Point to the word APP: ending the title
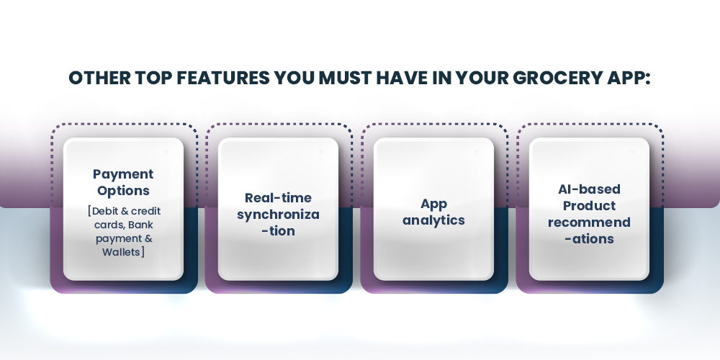tap(629, 78)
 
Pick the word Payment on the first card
tap(123, 174)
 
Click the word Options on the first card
tap(123, 191)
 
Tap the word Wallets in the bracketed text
tap(121, 251)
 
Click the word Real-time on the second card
tap(278, 197)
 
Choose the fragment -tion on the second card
tap(278, 231)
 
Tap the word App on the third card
tap(433, 204)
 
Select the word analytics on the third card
tap(433, 220)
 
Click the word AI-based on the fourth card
tap(589, 189)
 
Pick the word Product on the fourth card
tap(589, 205)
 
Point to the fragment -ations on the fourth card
tap(589, 238)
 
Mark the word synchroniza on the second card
tap(278, 214)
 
